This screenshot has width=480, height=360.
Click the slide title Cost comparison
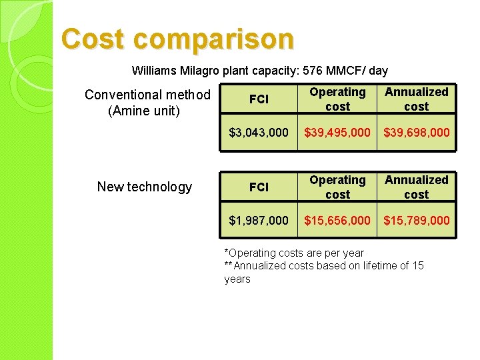[x=177, y=39]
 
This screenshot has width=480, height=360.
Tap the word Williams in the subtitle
[x=153, y=71]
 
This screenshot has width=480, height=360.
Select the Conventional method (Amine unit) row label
[x=147, y=103]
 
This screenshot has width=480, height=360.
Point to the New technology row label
[x=145, y=187]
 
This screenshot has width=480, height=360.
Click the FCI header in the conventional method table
[x=259, y=99]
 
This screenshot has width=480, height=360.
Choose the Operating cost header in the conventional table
[x=337, y=99]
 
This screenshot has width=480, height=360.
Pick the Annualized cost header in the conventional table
[x=417, y=99]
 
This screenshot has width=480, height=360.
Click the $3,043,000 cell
[x=259, y=133]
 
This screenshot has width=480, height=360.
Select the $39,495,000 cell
[x=337, y=133]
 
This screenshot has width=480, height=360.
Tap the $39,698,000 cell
[x=417, y=133]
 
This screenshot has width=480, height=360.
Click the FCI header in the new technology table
[x=259, y=187]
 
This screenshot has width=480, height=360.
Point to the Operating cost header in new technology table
[x=337, y=187]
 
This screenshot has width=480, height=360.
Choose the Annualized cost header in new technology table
[x=417, y=187]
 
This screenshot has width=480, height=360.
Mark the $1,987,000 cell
[x=259, y=221]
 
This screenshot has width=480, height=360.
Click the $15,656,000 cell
[x=337, y=221]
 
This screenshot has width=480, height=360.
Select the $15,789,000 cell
[x=417, y=221]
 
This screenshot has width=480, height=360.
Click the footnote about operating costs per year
[x=294, y=253]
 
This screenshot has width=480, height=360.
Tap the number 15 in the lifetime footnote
[x=417, y=266]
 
